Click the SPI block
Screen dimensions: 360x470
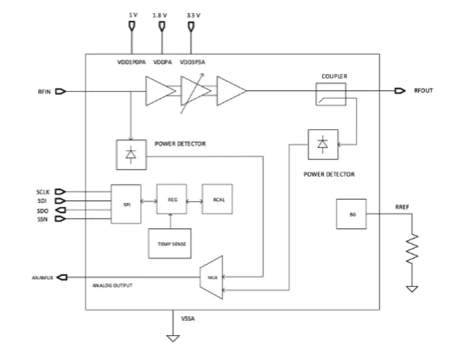126,204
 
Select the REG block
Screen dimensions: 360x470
171,201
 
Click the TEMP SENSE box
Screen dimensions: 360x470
171,244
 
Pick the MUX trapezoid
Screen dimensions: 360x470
212,277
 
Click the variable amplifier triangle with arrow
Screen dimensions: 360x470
195,91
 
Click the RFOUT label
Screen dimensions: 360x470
424,91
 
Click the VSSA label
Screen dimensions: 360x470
188,318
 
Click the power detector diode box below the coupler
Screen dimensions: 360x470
323,144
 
